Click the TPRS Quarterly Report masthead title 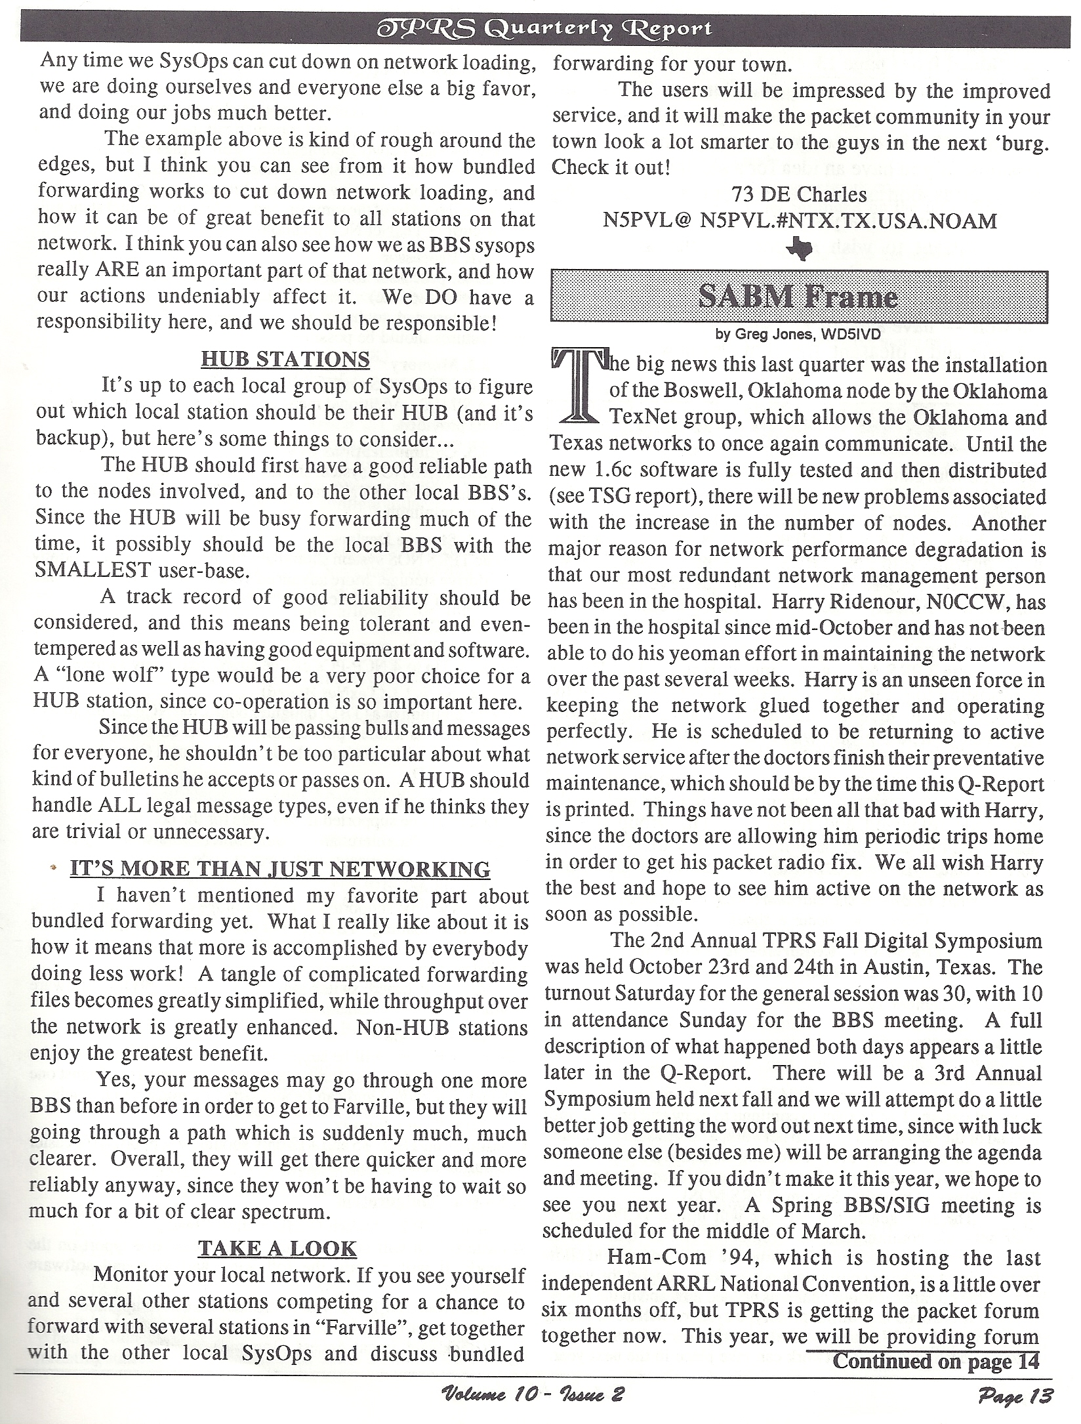click(541, 29)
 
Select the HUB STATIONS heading click(285, 360)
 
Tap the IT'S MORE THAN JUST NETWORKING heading click(280, 869)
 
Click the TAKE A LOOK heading click(277, 1248)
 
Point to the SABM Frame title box click(798, 297)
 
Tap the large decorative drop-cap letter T click(577, 388)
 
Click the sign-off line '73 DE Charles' click(798, 194)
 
